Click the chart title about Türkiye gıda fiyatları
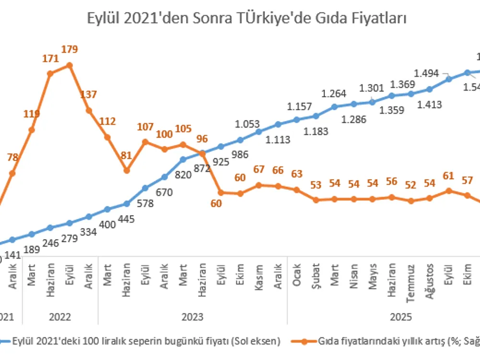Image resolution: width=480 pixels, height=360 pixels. tap(247, 19)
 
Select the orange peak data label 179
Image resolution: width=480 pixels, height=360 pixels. tap(70, 49)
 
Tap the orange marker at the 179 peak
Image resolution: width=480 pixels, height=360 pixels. tap(70, 65)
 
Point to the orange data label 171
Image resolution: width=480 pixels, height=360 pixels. tap(50, 59)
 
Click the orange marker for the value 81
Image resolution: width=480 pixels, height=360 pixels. tap(126, 170)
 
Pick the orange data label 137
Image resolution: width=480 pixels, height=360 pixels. tap(89, 94)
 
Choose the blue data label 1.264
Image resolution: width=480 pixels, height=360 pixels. tap(334, 93)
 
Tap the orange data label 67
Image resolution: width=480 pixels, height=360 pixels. tap(259, 170)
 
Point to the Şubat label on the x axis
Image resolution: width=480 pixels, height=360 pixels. tap(316, 275)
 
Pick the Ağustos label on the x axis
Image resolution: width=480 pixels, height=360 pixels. tap(430, 280)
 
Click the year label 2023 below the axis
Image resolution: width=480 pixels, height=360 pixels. tap(192, 317)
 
